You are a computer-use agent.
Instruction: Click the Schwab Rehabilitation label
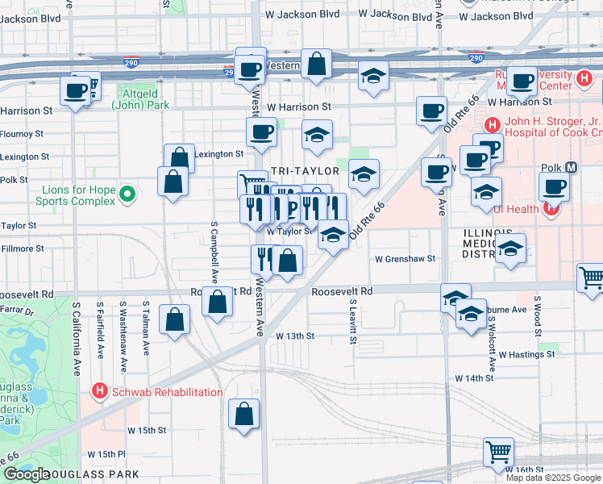tap(167, 392)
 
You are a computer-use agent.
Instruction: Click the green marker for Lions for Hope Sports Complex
tap(127, 194)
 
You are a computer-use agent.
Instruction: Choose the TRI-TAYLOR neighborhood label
tap(301, 171)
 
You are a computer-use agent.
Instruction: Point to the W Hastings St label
tap(527, 354)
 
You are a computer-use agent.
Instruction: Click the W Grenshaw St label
tap(405, 259)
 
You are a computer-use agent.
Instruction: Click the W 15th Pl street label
tap(106, 454)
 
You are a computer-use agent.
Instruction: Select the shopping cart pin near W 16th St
tap(499, 453)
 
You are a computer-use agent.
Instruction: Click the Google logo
tap(27, 474)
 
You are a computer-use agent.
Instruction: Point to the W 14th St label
tap(473, 378)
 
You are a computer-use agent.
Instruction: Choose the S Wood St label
tap(536, 307)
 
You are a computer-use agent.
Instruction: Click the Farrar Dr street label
tap(18, 310)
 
